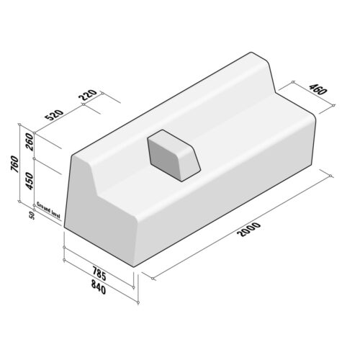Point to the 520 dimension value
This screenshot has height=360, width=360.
tap(55, 115)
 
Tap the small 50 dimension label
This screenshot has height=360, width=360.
tap(31, 215)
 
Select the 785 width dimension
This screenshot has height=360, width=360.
tap(101, 275)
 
